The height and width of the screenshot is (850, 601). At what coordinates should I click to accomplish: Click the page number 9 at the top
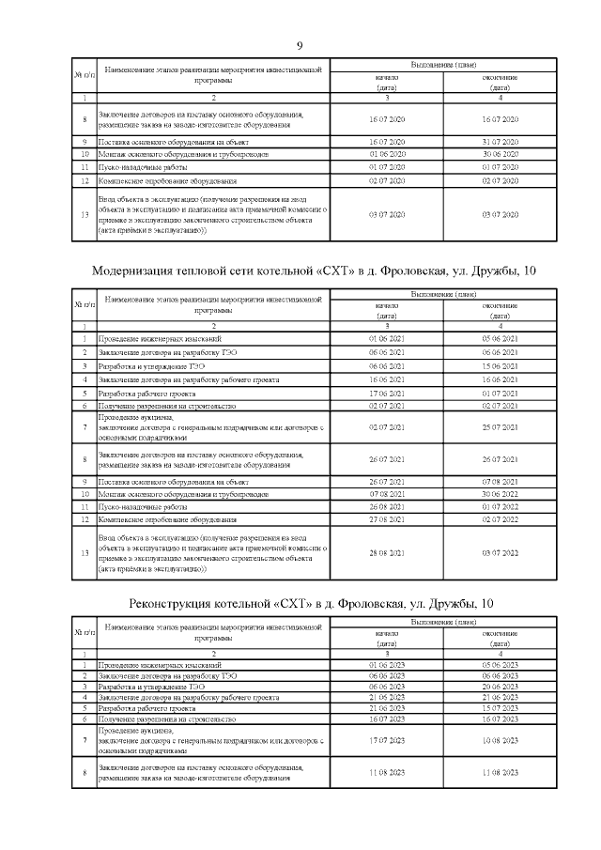[x=300, y=46]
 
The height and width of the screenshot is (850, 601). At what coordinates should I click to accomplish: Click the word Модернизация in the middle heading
[x=140, y=271]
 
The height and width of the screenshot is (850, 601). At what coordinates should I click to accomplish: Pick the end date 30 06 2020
[x=500, y=154]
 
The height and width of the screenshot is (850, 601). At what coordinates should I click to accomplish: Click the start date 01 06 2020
[x=388, y=154]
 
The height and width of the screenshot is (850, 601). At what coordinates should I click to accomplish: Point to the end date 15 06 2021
[x=500, y=365]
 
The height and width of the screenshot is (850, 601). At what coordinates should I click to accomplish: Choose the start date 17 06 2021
[x=388, y=393]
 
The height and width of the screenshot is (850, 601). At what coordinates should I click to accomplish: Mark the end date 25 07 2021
[x=500, y=427]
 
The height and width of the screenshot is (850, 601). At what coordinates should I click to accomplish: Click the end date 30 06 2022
[x=500, y=493]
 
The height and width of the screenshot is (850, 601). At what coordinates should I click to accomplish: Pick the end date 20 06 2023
[x=500, y=687]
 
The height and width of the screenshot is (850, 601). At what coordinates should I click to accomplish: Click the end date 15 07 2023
[x=500, y=708]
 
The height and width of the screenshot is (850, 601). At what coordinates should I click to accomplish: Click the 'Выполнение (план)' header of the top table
[x=443, y=66]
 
